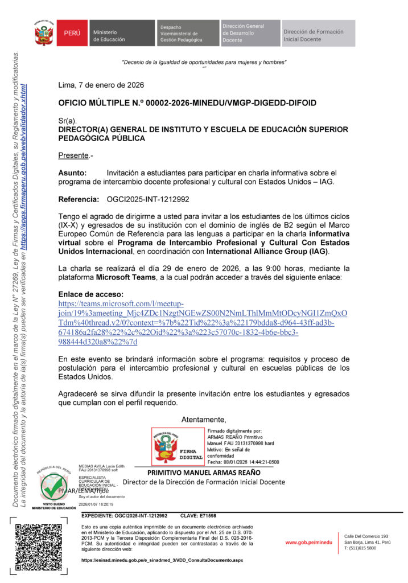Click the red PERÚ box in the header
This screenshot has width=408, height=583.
pyautogui.click(x=72, y=34)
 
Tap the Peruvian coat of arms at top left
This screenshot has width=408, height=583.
pyautogui.click(x=44, y=34)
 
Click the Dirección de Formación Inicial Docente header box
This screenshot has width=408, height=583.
pyautogui.click(x=318, y=34)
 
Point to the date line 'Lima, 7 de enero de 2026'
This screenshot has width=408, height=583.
pyautogui.click(x=101, y=85)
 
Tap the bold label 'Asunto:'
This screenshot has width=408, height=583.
pyautogui.click(x=73, y=173)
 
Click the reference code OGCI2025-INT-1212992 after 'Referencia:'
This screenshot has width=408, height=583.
pyautogui.click(x=148, y=200)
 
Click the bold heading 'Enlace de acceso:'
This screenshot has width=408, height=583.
pyautogui.click(x=91, y=294)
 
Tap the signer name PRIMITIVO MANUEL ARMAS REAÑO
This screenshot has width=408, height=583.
pyautogui.click(x=204, y=473)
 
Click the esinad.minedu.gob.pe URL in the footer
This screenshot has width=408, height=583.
pyautogui.click(x=162, y=560)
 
